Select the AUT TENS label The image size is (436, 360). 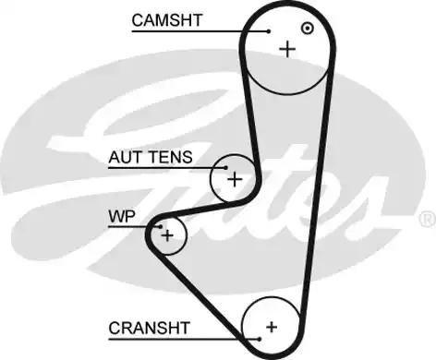pyautogui.click(x=151, y=157)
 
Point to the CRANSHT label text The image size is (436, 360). pyautogui.click(x=149, y=327)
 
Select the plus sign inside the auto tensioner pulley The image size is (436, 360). pyautogui.click(x=235, y=178)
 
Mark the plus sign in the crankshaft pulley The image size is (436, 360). pyautogui.click(x=272, y=326)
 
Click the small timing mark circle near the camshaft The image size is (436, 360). pyautogui.click(x=308, y=28)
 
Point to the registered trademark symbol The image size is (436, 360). pyautogui.click(x=426, y=218)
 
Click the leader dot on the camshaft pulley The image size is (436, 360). pyautogui.click(x=269, y=31)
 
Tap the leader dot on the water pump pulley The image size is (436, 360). pyautogui.click(x=159, y=224)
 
